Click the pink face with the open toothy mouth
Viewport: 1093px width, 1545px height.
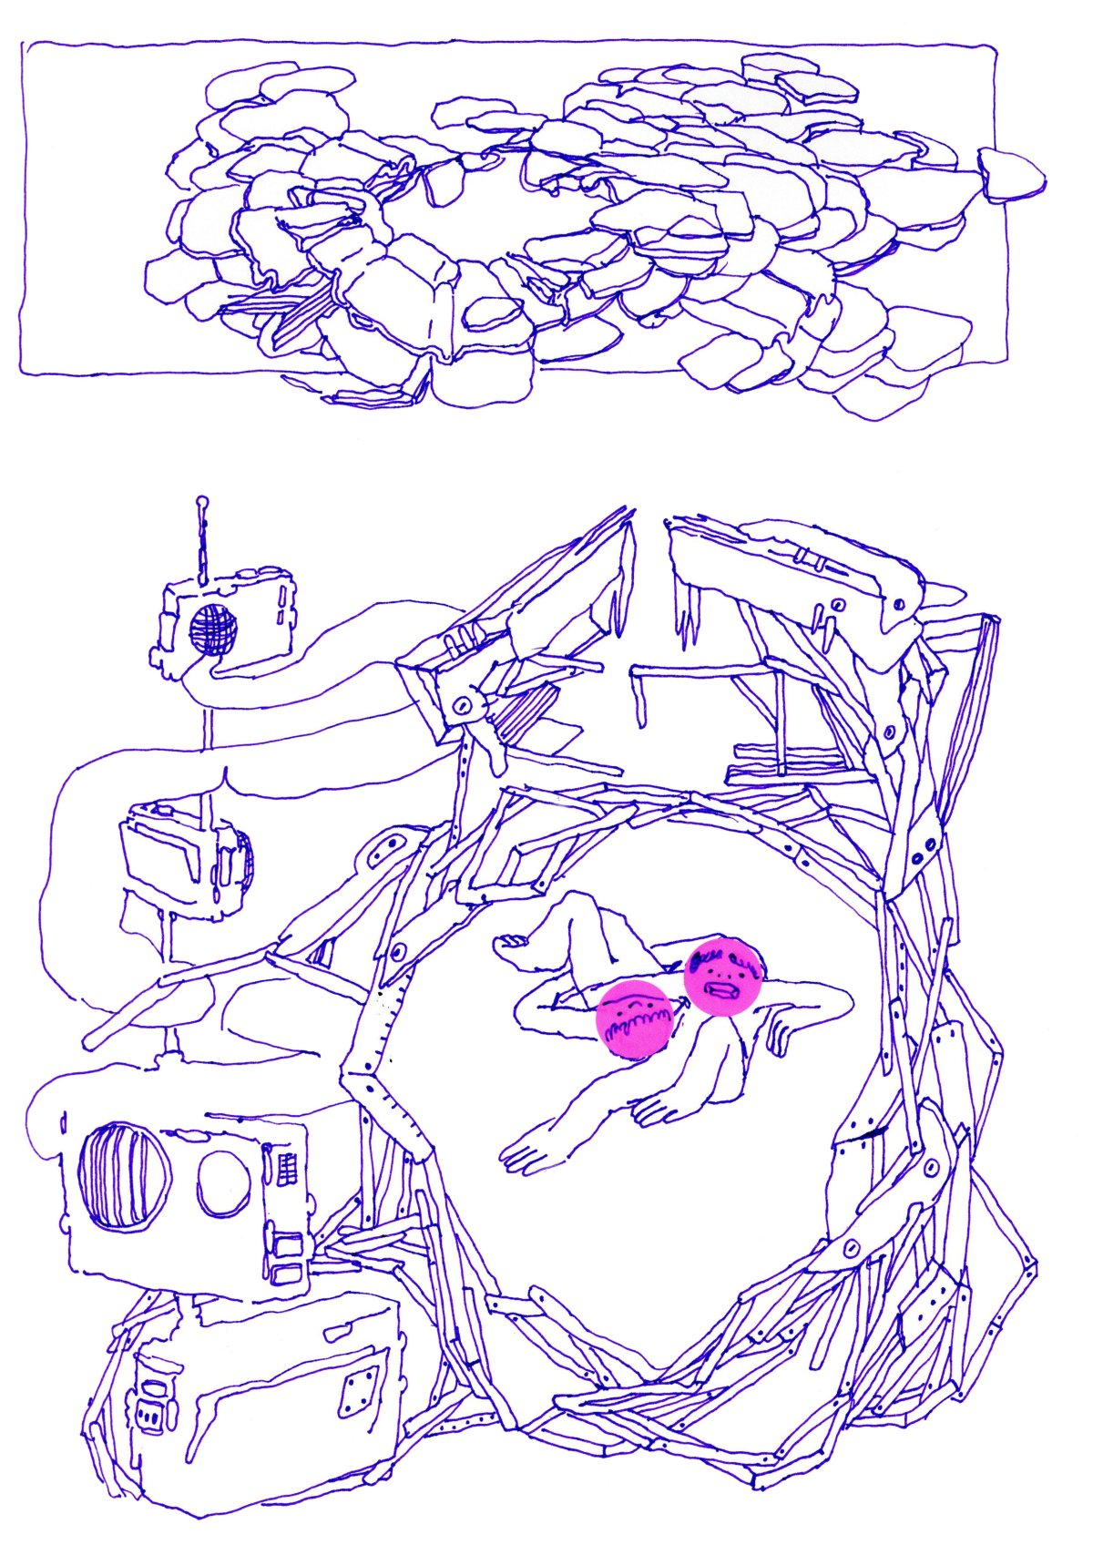[x=722, y=975]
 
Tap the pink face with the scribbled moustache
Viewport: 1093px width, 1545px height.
[x=635, y=1020]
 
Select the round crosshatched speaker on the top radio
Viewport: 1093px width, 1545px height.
[x=213, y=628]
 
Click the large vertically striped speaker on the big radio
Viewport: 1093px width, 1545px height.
[x=125, y=1176]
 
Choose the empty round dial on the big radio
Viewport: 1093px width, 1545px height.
[x=224, y=1183]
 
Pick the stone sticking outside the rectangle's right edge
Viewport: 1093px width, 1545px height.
[x=1011, y=173]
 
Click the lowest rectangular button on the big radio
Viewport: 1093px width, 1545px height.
[x=287, y=1273]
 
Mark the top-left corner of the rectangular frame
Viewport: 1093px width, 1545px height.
[x=25, y=44]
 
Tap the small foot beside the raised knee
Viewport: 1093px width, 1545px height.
[x=510, y=944]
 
